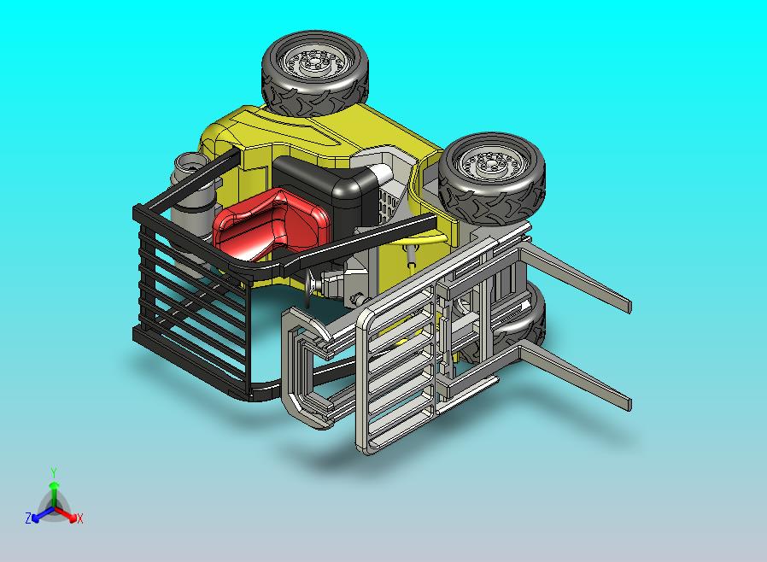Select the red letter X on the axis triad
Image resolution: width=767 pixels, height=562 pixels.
(x=79, y=518)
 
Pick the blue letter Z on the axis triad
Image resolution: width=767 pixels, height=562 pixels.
(x=28, y=518)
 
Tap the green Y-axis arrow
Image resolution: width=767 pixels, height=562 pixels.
(x=54, y=491)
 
